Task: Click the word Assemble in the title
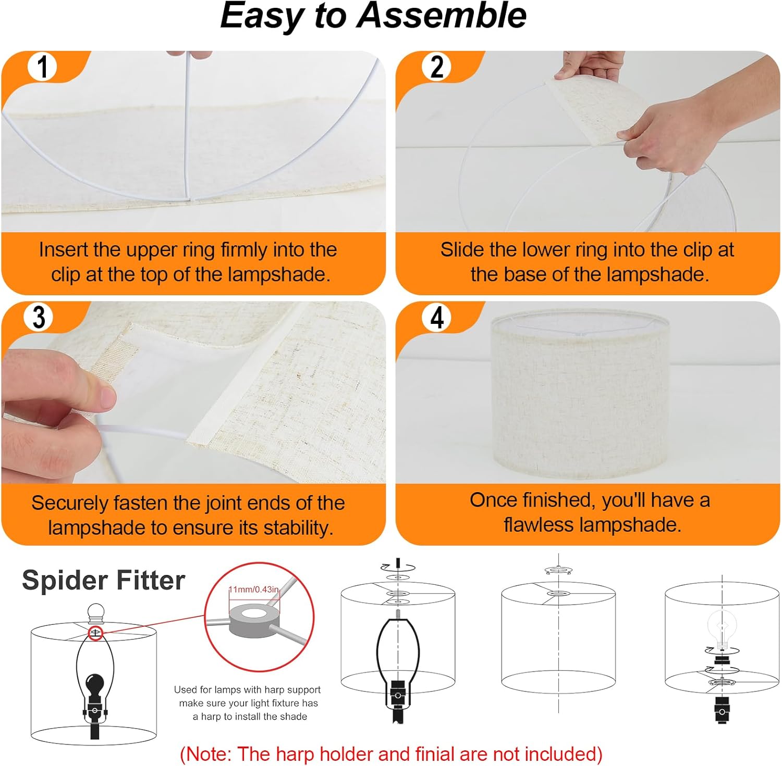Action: click(443, 16)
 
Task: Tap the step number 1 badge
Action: click(43, 67)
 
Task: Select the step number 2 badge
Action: click(437, 67)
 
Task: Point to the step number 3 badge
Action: click(39, 317)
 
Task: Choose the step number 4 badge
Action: click(437, 317)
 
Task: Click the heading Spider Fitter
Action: click(103, 580)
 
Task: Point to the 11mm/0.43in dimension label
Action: click(254, 589)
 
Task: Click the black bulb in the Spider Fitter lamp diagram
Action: click(94, 683)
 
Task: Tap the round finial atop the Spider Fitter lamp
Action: click(95, 612)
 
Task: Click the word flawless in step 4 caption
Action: click(537, 525)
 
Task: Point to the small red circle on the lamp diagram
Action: click(95, 633)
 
